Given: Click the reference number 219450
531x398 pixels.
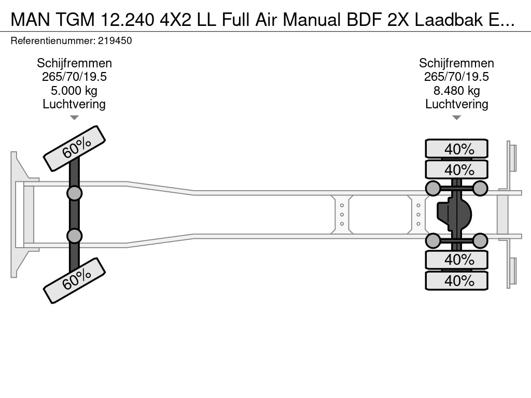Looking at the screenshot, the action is point(115,41).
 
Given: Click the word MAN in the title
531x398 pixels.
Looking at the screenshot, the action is point(31,20).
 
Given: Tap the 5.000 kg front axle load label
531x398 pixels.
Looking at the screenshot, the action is point(74,91).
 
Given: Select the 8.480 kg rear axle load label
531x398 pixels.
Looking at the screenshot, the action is point(456,91).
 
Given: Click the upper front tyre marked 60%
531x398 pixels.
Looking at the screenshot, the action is point(75,149).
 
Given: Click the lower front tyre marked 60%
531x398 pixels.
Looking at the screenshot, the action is point(75,280).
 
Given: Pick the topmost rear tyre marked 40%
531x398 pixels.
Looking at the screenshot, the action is point(456,149).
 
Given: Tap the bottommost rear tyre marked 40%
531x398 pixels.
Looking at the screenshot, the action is point(456,280).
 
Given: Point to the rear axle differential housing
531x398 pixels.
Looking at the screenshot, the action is point(454,215).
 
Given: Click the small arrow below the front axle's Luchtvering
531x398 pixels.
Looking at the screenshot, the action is point(74,118).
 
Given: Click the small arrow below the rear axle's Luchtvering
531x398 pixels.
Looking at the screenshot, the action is point(456,118).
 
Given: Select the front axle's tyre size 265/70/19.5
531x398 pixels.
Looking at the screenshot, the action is point(74,77).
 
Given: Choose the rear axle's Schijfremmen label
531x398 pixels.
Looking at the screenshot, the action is point(456,63).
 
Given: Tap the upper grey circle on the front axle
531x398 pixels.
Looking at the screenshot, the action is point(75,194).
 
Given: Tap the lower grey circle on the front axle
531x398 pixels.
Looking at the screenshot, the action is point(75,236).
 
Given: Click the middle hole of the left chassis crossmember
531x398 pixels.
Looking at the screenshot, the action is point(342,215).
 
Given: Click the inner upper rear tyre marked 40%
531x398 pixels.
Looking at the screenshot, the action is point(456,169).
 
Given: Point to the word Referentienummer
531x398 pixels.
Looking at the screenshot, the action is point(53,41).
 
